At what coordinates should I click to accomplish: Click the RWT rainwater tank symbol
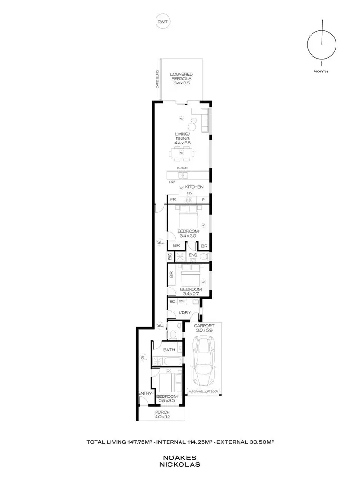[163, 22]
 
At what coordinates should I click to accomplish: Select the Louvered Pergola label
[181, 79]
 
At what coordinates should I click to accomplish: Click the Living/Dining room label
[182, 138]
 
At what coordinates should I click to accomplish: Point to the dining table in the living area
[182, 154]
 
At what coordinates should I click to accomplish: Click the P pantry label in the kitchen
[203, 199]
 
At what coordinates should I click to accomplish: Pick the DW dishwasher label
[171, 182]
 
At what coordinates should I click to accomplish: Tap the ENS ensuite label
[193, 255]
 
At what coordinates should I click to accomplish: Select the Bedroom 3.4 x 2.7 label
[190, 292]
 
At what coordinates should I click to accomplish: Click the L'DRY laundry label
[184, 312]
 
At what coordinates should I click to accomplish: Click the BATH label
[168, 350]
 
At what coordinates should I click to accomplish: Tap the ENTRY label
[145, 393]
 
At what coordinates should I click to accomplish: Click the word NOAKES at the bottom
[180, 458]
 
